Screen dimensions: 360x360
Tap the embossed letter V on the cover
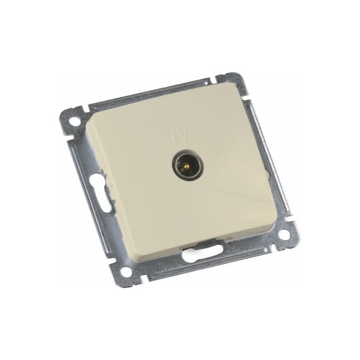click(x=183, y=136)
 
